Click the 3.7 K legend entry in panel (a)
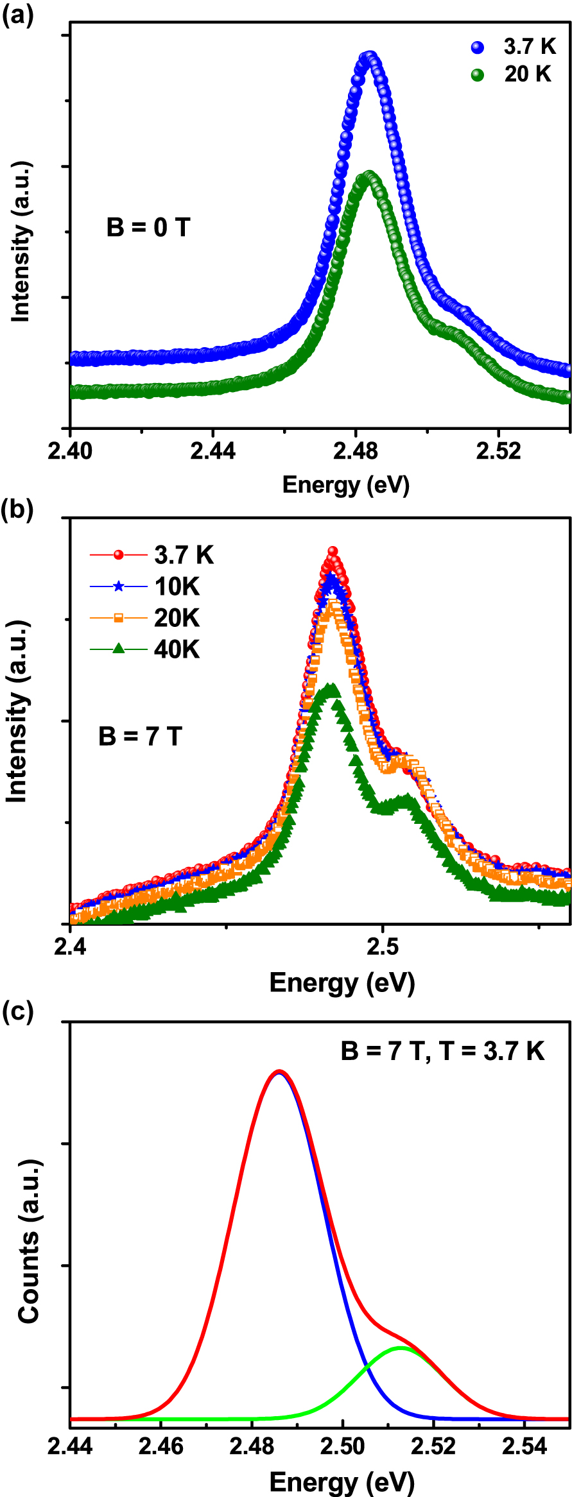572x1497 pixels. pyautogui.click(x=514, y=47)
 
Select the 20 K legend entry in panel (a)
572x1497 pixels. pyautogui.click(x=511, y=74)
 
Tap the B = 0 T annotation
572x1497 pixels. pyautogui.click(x=148, y=227)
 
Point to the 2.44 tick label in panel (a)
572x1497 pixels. pyautogui.click(x=212, y=451)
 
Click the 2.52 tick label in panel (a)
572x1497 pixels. pyautogui.click(x=498, y=451)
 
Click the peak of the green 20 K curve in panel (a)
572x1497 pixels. pyautogui.click(x=369, y=175)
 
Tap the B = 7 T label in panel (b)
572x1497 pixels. pyautogui.click(x=140, y=736)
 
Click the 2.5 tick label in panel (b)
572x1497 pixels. pyautogui.click(x=383, y=947)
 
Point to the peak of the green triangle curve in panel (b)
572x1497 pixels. pyautogui.click(x=332, y=688)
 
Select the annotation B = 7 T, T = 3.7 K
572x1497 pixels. pyautogui.click(x=442, y=1051)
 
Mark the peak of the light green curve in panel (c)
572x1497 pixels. pyautogui.click(x=401, y=1347)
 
